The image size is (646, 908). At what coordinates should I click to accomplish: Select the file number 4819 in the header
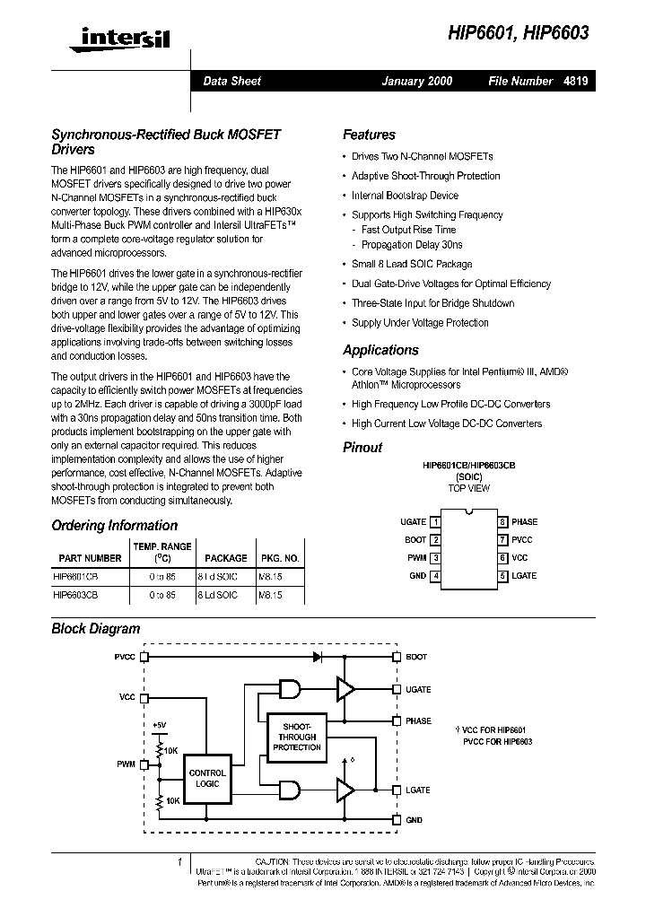(x=576, y=81)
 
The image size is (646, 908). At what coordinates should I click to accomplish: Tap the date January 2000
(x=417, y=81)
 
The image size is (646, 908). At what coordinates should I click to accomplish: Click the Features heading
(x=369, y=135)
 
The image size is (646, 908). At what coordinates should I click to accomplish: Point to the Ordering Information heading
(x=114, y=526)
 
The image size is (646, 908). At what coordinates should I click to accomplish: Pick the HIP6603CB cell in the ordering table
(x=75, y=595)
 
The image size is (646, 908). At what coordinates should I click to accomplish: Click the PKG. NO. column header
(x=280, y=558)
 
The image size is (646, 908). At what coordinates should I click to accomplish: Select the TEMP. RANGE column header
(x=162, y=552)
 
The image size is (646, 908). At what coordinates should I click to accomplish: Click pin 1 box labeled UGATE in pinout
(x=435, y=521)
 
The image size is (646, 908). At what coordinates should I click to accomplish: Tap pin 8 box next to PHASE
(x=503, y=521)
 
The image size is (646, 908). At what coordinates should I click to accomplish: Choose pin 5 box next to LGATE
(x=503, y=575)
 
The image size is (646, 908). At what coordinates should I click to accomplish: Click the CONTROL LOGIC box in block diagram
(x=207, y=778)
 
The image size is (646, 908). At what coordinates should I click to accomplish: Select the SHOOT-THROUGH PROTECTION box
(x=296, y=737)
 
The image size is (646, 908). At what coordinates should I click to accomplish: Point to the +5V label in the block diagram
(x=159, y=724)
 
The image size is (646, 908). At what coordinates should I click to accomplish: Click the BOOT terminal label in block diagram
(x=416, y=657)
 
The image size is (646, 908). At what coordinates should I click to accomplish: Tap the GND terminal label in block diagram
(x=415, y=820)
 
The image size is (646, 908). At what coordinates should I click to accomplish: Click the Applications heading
(x=380, y=350)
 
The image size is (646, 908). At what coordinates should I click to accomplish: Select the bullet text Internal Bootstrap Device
(x=405, y=196)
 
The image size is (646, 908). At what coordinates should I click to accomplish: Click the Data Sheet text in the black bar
(x=232, y=81)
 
